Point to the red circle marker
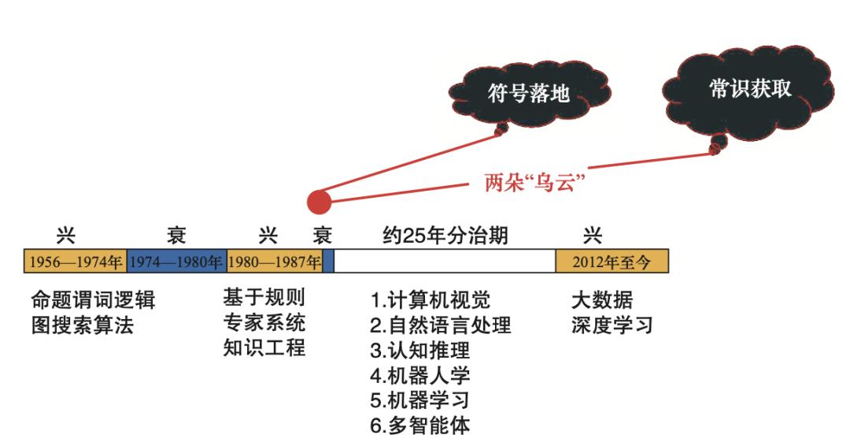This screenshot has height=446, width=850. pos(319,202)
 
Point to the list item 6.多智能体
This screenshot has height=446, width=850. pos(420,426)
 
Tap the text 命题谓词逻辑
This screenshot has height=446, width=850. pos(93,300)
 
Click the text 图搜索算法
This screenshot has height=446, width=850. pos(82,325)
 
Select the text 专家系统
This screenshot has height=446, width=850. pos(264,323)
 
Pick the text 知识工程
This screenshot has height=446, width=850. pos(264,348)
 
